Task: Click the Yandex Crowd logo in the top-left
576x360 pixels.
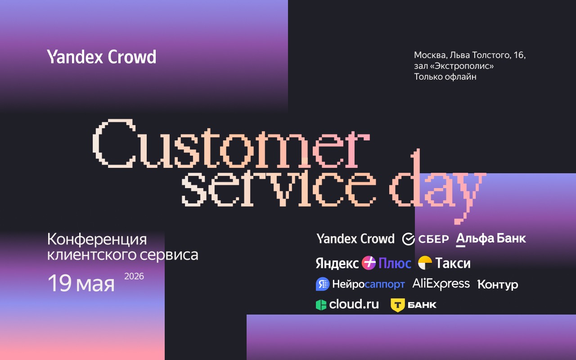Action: (x=102, y=57)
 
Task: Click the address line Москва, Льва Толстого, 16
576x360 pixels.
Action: (x=470, y=55)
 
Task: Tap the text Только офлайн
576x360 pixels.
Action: (x=445, y=77)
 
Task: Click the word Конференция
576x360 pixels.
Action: (x=97, y=239)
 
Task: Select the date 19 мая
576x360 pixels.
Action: (x=81, y=283)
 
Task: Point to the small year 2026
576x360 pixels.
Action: (x=134, y=276)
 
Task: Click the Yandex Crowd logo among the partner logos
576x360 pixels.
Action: (x=355, y=238)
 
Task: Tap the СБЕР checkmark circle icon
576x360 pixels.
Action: (x=408, y=239)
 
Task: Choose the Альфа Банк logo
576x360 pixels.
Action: (x=491, y=239)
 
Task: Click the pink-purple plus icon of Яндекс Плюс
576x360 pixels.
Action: (x=369, y=263)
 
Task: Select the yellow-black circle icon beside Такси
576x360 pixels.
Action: (x=425, y=263)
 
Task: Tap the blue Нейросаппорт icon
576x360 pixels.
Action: (x=322, y=284)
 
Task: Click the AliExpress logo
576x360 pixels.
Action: (x=441, y=283)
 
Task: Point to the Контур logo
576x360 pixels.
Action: (x=498, y=284)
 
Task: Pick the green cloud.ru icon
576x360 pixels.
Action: (x=321, y=305)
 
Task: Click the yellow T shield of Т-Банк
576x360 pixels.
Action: (x=397, y=305)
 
